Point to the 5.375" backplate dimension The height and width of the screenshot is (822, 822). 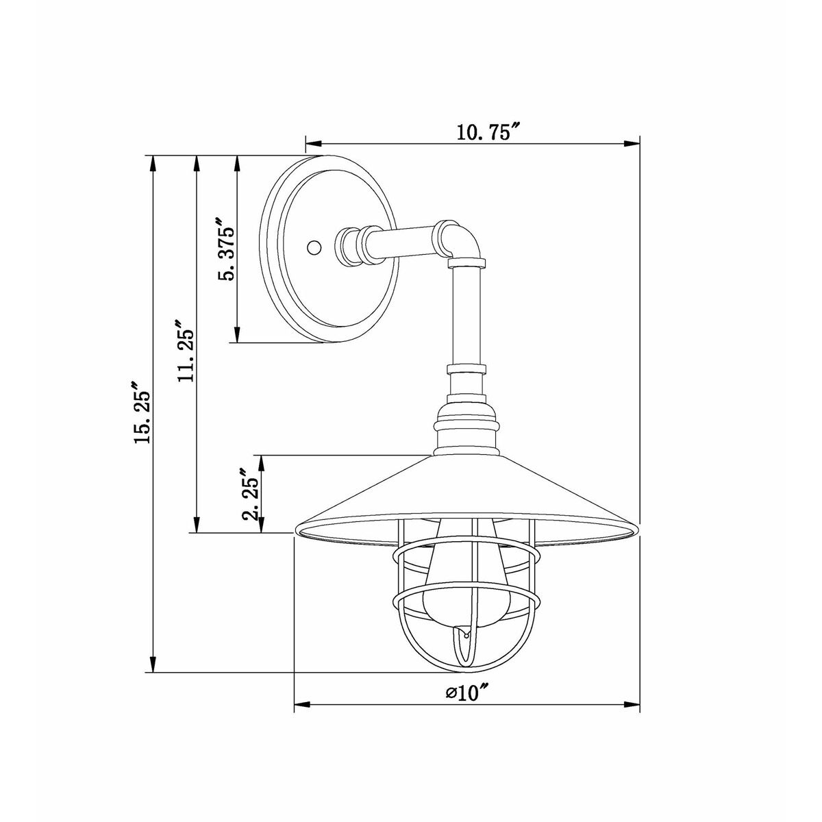pos(225,250)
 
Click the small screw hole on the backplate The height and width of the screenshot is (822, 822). pos(314,247)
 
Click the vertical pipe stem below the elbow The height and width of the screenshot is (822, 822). pos(466,315)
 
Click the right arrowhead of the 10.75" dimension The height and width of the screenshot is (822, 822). pos(632,144)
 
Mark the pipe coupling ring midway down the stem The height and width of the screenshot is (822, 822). pos(466,371)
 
